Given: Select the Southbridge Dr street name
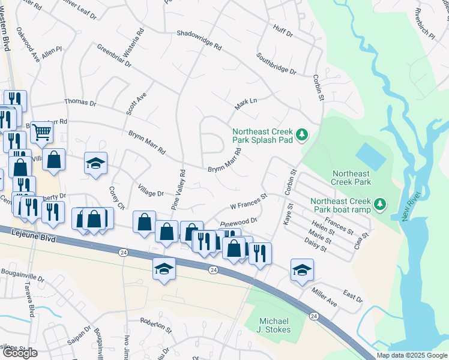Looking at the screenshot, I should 276,64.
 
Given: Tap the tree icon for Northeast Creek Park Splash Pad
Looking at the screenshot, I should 303,133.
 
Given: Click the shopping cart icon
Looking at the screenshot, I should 41,131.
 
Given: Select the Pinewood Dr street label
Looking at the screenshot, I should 238,222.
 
